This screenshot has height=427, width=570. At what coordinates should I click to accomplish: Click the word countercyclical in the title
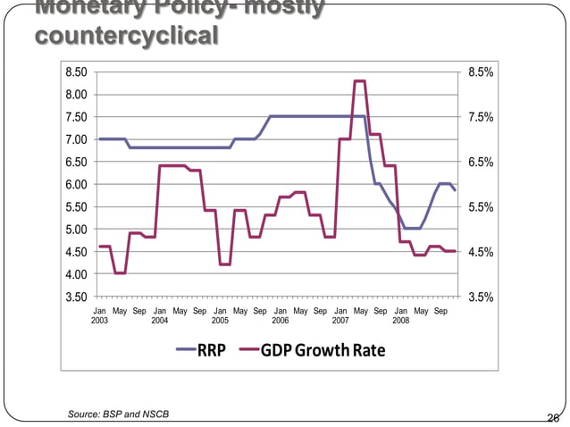pos(125,36)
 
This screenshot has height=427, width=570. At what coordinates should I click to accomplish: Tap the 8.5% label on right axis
pos(481,71)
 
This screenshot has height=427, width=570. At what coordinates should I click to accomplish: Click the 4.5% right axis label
pos(481,252)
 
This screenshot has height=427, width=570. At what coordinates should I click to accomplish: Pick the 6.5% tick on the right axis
pos(481,162)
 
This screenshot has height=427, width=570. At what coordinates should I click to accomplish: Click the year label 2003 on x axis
pos(99,320)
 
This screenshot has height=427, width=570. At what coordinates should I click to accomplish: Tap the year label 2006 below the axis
pos(281,320)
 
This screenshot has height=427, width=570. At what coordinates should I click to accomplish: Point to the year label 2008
pos(401,320)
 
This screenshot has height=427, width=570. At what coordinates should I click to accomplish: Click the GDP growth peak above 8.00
pos(359,81)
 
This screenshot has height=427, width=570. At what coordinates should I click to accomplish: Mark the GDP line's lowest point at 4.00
pos(120,273)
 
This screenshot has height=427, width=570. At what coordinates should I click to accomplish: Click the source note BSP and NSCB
pos(118,414)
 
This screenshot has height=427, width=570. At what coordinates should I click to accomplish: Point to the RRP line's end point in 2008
pos(456,189)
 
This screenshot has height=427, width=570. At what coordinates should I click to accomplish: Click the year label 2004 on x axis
pos(160,320)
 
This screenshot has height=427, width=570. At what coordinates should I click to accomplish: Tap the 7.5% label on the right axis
pos(481,117)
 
